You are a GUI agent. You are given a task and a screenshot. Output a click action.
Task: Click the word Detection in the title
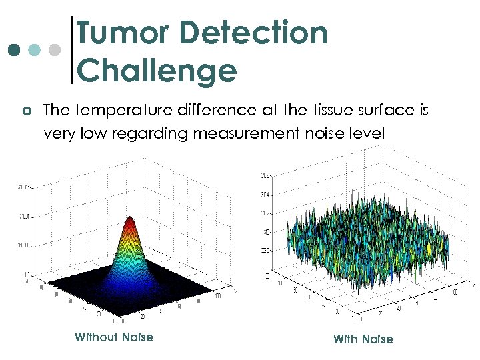coord(257,33)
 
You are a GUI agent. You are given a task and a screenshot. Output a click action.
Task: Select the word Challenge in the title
coord(157,71)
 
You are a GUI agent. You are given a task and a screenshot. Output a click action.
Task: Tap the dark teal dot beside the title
coord(13,50)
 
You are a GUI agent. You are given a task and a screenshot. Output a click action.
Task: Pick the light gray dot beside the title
coord(56,50)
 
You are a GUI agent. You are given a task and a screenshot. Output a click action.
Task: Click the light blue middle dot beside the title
coord(35,50)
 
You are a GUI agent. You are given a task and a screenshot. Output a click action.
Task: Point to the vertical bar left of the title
coord(72,50)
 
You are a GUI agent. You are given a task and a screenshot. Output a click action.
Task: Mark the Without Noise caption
coord(114,337)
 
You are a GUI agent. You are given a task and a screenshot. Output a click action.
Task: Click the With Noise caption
coord(363,339)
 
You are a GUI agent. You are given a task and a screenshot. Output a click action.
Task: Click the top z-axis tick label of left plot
coord(25,187)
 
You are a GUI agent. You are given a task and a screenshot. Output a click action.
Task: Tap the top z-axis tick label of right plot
coord(265,175)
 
